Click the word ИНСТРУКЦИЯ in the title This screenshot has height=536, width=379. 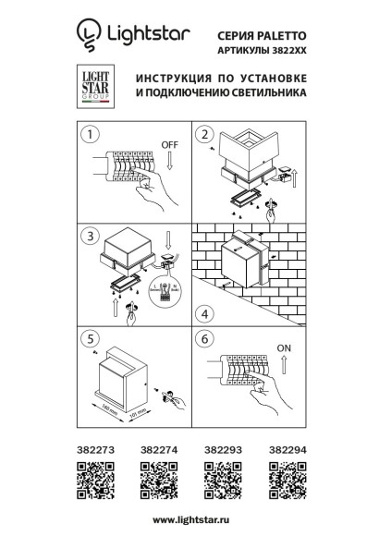173,78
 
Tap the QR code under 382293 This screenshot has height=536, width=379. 218,480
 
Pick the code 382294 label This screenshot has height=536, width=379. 283,450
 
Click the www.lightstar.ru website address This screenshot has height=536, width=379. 189,520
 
